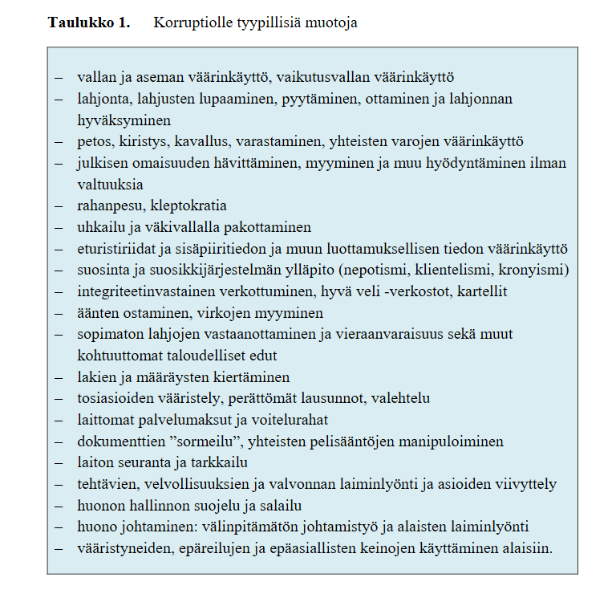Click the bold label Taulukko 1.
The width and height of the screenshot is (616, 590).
tap(88, 22)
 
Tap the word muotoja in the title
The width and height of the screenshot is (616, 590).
tap(332, 22)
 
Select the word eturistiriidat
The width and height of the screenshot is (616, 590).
tap(115, 248)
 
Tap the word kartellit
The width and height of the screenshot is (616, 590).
tap(481, 291)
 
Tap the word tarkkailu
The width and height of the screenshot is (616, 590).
tap(220, 463)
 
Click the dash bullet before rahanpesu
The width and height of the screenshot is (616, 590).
tap(59, 205)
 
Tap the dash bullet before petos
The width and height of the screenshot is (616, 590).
tap(59, 141)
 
